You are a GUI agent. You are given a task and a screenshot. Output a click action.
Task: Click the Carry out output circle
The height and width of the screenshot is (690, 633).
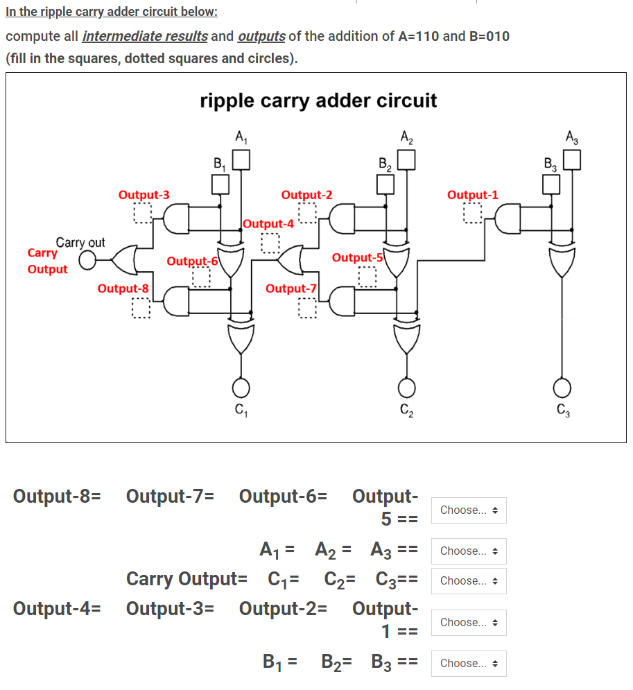tap(87, 261)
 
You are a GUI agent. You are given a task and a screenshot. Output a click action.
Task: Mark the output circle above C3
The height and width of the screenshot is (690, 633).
tap(562, 386)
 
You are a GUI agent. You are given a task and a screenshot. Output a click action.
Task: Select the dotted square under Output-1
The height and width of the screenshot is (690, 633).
tap(473, 214)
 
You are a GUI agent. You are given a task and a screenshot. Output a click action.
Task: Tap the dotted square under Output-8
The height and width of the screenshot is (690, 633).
tap(141, 307)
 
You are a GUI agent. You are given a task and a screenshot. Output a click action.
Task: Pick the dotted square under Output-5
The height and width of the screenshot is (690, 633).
tap(367, 276)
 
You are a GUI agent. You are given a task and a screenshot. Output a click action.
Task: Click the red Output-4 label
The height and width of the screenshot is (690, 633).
tap(269, 224)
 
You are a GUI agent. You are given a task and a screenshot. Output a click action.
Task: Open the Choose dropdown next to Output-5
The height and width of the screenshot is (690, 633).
tap(469, 510)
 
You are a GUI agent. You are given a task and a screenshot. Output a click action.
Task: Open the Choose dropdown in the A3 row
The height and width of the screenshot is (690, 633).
tap(469, 551)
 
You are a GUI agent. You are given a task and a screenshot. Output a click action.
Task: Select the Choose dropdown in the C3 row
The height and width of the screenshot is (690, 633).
tap(469, 580)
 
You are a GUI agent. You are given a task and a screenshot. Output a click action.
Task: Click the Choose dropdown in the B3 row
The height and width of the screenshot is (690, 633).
tap(469, 663)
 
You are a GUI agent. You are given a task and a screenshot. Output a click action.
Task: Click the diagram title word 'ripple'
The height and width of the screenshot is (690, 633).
tap(227, 101)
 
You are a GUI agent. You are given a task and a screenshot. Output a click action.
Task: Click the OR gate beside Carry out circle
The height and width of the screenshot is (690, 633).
tap(125, 261)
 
